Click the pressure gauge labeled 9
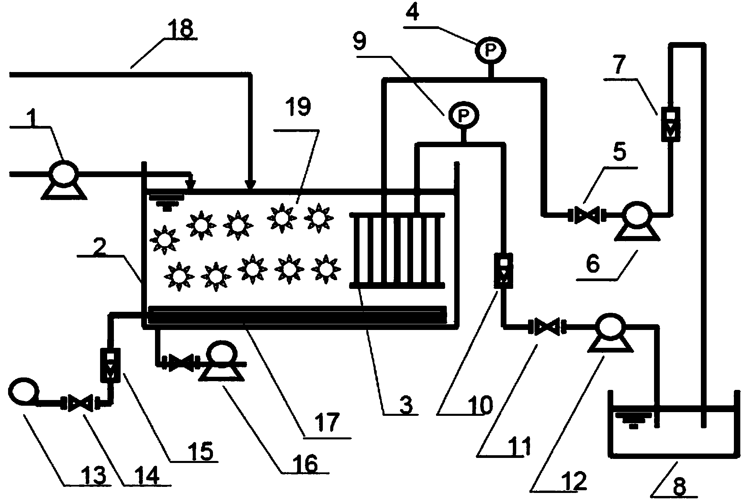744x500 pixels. [464, 115]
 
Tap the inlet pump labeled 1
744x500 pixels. [64, 174]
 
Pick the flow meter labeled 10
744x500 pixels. [503, 271]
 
